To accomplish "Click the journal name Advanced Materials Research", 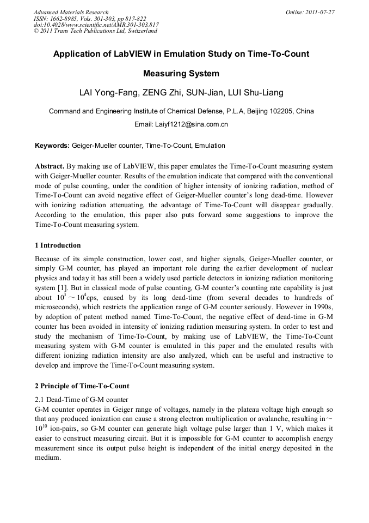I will (71, 12).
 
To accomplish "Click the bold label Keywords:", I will (52, 146).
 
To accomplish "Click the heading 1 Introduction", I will (58, 245).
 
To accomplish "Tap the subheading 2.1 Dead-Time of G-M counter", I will (82, 400).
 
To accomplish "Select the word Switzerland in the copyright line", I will (142, 31).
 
